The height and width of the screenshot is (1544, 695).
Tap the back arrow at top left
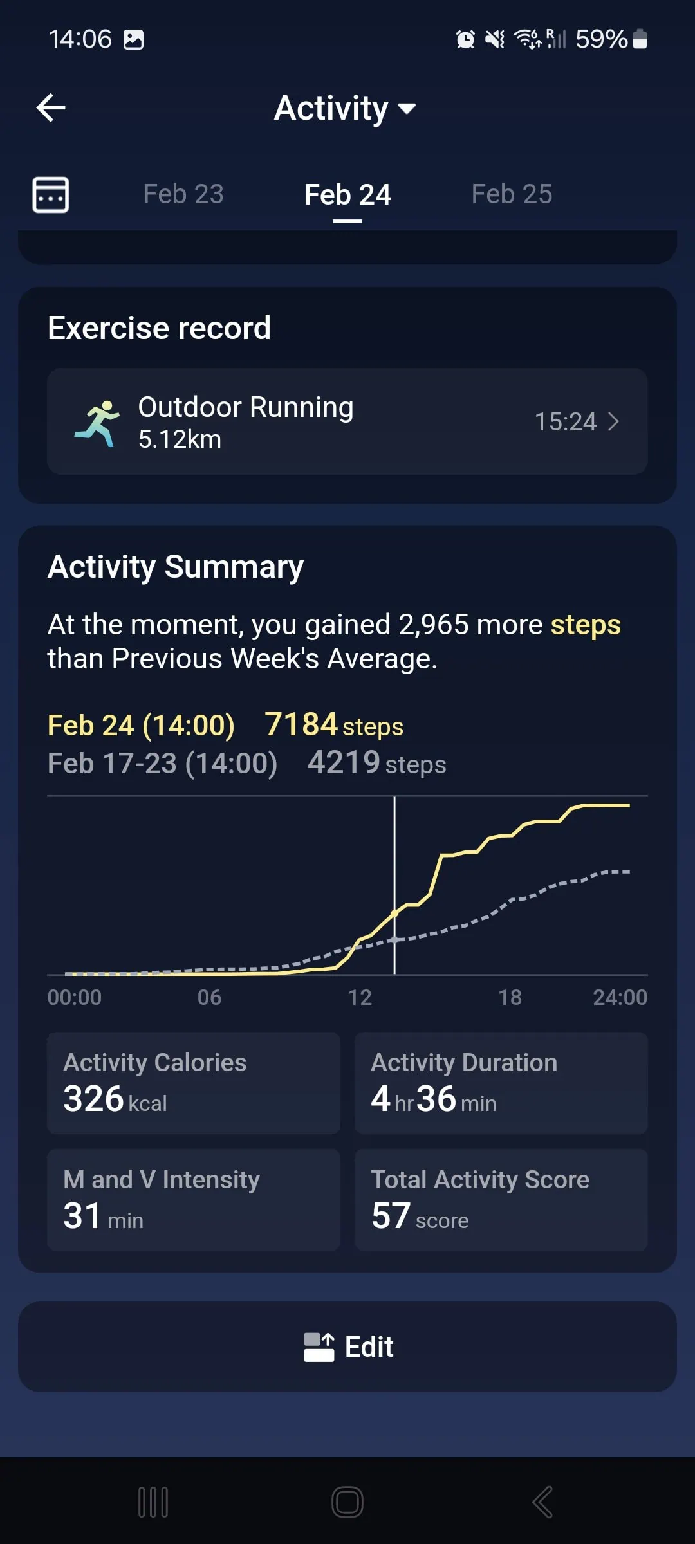tap(51, 107)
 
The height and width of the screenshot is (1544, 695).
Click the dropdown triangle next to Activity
tap(407, 108)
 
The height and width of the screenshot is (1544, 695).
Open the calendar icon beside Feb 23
tap(51, 194)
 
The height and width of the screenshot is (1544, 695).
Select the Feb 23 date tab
tap(183, 194)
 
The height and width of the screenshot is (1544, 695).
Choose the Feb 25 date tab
tap(512, 194)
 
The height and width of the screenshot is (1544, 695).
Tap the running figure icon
tap(98, 423)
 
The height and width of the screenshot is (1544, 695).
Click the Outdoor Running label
tap(246, 407)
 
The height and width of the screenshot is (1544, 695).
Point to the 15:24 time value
tap(566, 422)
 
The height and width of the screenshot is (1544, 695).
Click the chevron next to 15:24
tap(613, 422)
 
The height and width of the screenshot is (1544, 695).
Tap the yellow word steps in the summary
tap(586, 625)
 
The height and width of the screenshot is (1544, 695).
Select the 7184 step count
tap(301, 724)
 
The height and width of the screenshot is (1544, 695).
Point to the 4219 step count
tap(344, 763)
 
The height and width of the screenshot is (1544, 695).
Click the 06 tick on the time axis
tap(209, 997)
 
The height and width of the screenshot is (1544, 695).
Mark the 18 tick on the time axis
tap(510, 997)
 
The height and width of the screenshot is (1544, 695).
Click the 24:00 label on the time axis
tap(620, 997)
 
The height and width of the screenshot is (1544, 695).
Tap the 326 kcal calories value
tap(94, 1099)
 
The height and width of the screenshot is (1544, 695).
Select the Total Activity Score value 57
tap(391, 1216)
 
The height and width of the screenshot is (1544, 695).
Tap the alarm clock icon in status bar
tap(465, 39)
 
